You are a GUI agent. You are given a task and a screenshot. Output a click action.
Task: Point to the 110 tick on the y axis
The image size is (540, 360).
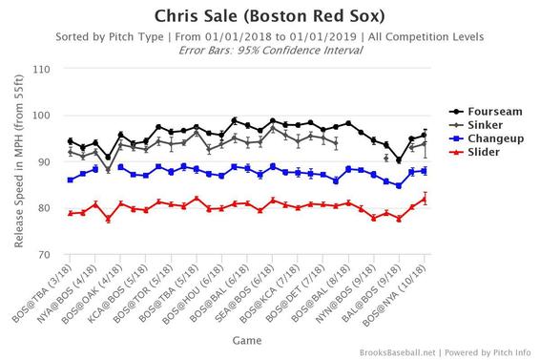[43, 70]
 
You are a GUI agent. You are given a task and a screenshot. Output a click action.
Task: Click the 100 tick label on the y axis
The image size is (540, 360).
[43, 116]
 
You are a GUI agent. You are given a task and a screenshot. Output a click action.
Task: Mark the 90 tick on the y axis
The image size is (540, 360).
[46, 162]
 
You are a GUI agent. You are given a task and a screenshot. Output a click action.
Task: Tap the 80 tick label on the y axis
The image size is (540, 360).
[46, 208]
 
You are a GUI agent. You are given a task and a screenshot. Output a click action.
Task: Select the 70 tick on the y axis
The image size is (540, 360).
[46, 255]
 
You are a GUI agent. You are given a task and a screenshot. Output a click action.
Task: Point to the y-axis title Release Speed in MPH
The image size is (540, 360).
[18, 162]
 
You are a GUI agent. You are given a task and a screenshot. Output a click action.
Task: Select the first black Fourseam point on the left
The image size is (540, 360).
[71, 141]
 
